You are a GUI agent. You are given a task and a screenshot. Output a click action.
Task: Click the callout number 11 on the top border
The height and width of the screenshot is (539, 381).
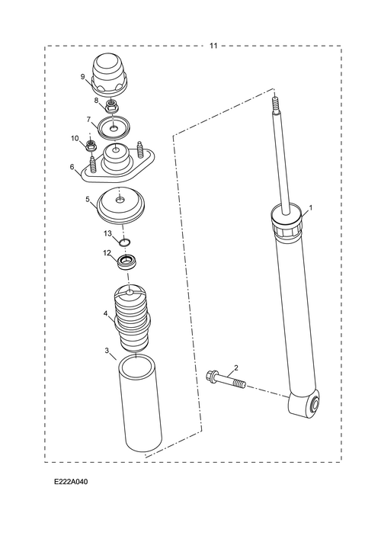pos(213,46)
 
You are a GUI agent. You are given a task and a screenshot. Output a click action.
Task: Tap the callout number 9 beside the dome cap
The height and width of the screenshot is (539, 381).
pos(83,76)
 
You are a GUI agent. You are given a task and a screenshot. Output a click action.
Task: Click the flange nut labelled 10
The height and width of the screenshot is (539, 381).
pos(91,146)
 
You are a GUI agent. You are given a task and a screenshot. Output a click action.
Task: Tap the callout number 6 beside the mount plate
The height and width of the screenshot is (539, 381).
pos(72,167)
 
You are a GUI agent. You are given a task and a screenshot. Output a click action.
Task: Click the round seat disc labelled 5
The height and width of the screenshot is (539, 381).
pos(121,205)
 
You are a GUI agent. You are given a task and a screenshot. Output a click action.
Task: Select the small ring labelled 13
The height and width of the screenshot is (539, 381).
pos(125,242)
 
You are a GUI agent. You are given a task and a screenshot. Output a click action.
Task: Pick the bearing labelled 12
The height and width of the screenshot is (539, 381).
pos(127,262)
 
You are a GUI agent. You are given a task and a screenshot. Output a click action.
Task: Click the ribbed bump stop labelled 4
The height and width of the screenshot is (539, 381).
pos(133,317)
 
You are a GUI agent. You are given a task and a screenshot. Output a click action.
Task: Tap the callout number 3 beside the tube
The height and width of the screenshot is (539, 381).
pos(107,350)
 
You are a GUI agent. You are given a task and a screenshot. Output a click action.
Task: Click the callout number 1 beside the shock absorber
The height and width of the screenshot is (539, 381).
pos(311,207)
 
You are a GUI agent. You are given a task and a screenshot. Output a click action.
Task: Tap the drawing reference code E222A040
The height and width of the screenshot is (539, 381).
pos(71,482)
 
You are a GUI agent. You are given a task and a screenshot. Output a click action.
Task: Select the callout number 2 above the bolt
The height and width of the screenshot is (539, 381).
pos(236,368)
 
